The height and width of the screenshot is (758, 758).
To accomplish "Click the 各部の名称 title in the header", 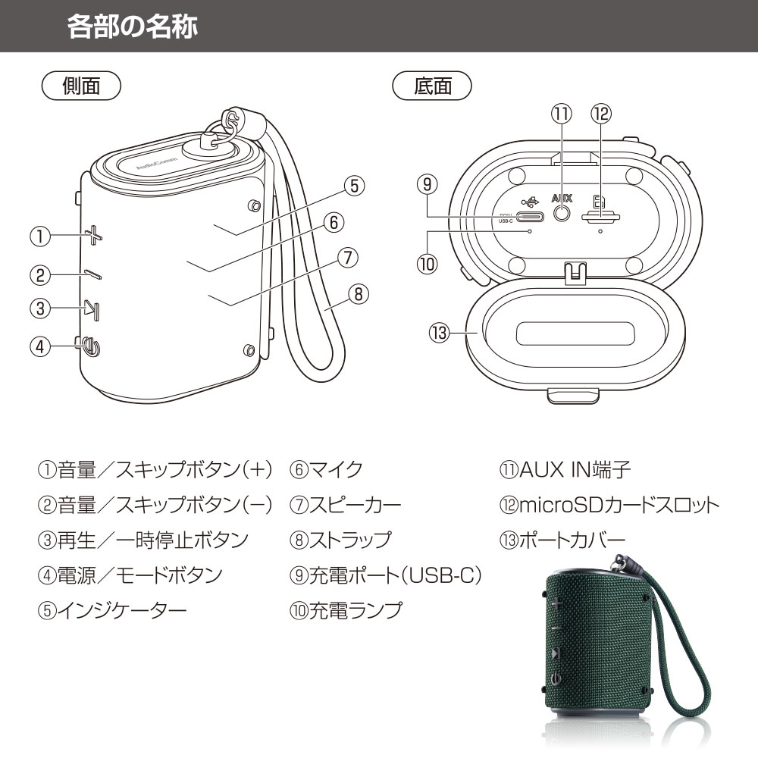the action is [x=133, y=26].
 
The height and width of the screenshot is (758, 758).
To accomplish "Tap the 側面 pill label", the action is [x=81, y=86].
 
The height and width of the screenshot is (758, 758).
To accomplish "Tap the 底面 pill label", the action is [x=432, y=86].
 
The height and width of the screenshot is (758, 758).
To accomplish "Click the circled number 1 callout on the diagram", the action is [x=40, y=236].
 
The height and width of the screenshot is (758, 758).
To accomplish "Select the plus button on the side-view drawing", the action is [x=94, y=236].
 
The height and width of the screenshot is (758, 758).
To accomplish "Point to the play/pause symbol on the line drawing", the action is [x=92, y=309].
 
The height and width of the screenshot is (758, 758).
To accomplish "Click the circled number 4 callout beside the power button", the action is [x=40, y=346].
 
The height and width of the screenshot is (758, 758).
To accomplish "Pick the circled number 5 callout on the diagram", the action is [x=354, y=186].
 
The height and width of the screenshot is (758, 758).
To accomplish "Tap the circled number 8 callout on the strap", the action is [x=359, y=293].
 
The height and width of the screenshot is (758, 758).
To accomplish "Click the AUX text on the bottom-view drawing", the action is [x=562, y=198].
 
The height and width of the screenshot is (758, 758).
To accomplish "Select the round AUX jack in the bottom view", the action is [x=561, y=213].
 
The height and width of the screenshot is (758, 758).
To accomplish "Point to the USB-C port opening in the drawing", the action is [x=531, y=217].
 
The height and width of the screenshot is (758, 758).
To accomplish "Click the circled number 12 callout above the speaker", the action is [x=601, y=114].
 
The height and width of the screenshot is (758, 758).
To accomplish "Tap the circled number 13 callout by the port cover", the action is [x=440, y=333].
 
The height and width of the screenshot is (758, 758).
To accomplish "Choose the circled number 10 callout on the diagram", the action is [x=428, y=265].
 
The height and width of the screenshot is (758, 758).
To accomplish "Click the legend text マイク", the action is [x=336, y=469].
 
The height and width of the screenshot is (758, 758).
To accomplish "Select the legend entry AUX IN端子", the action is [x=575, y=469].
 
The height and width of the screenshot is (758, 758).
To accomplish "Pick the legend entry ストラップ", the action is [x=349, y=540].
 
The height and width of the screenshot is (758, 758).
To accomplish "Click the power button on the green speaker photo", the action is [x=556, y=679].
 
